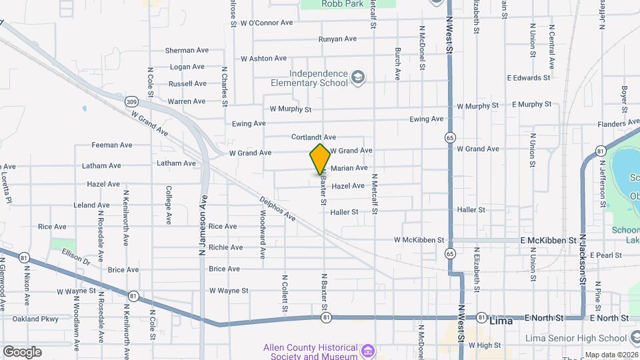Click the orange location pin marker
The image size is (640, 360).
(320, 159)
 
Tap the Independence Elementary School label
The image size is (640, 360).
(318, 78)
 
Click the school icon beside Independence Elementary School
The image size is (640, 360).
(359, 78)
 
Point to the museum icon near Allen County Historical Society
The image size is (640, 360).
(366, 350)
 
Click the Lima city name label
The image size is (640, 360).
(501, 321)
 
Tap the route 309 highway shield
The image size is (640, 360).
(131, 101)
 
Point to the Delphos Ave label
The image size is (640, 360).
(279, 207)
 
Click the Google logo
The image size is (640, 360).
(22, 351)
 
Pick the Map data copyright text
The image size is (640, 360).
(611, 355)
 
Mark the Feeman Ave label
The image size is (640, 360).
(112, 145)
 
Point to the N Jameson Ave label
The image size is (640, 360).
(203, 225)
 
